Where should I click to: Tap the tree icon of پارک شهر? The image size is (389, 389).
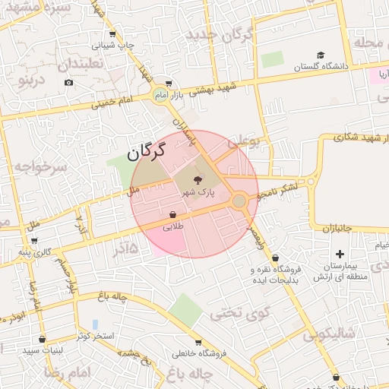pyautogui.click(x=198, y=180)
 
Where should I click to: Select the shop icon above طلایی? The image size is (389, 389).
pyautogui.click(x=174, y=214)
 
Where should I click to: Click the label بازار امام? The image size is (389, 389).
pyautogui.click(x=188, y=95)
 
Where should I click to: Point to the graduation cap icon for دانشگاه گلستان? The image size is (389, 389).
pyautogui.click(x=321, y=55)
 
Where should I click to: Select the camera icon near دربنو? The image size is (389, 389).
pyautogui.click(x=69, y=82)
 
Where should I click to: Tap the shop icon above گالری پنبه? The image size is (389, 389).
pyautogui.click(x=35, y=240)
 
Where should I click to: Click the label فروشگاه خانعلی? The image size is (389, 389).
pyautogui.click(x=200, y=353)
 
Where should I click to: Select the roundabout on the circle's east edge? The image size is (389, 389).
pyautogui.click(x=239, y=201)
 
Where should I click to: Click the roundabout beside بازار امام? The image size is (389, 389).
pyautogui.click(x=160, y=95)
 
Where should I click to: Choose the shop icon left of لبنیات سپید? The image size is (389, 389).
pyautogui.click(x=42, y=339)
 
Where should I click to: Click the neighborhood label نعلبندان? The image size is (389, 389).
pyautogui.click(x=79, y=64)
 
